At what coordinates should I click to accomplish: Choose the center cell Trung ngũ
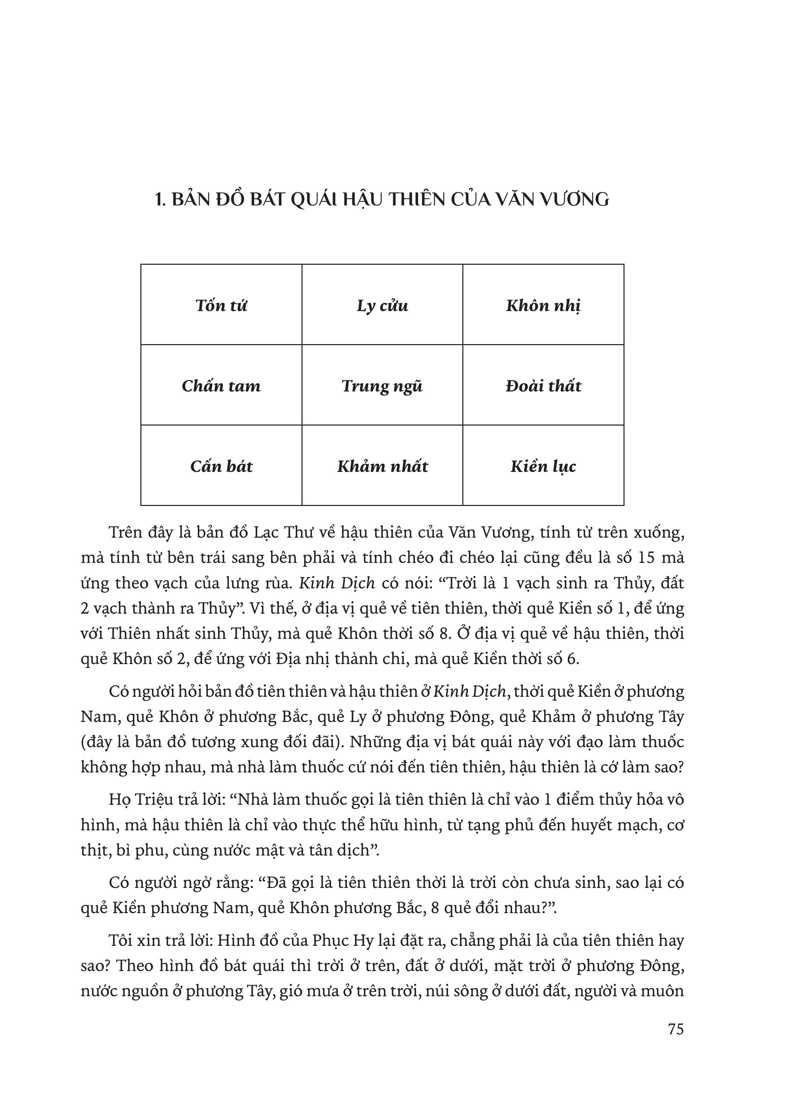coord(382,386)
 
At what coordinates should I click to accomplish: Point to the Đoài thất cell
coord(543,386)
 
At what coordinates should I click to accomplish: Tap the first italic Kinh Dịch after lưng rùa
coord(337,583)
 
